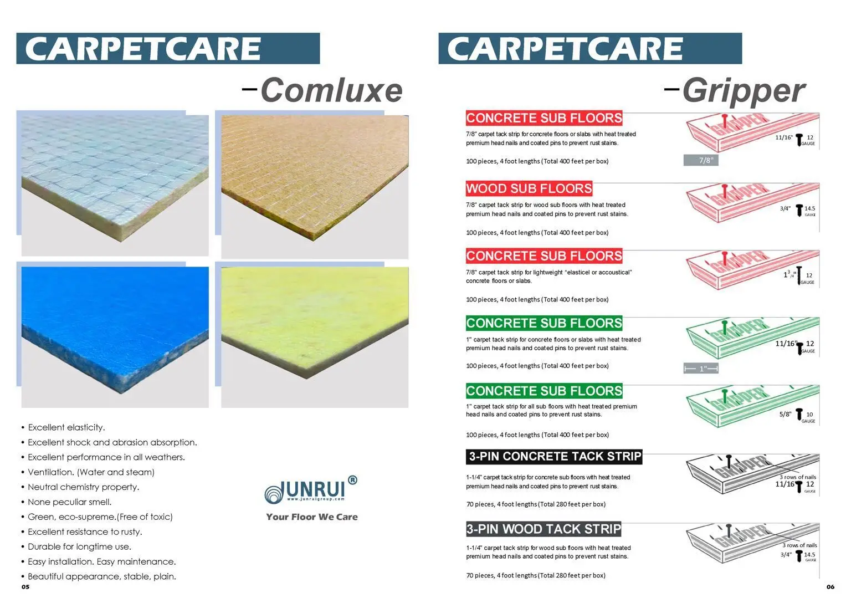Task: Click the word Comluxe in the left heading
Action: pyautogui.click(x=331, y=90)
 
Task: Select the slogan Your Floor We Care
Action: pyautogui.click(x=312, y=517)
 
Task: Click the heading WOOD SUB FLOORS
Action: pyautogui.click(x=529, y=188)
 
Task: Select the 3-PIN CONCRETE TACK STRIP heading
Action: pyautogui.click(x=554, y=457)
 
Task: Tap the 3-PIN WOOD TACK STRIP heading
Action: pyautogui.click(x=544, y=529)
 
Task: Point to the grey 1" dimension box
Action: pyautogui.click(x=701, y=369)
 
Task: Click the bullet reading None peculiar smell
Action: pyautogui.click(x=69, y=502)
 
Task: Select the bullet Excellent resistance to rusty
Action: pyautogui.click(x=85, y=532)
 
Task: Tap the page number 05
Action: pyautogui.click(x=25, y=587)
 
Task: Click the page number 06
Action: pyautogui.click(x=830, y=587)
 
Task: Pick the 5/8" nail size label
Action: pyautogui.click(x=785, y=414)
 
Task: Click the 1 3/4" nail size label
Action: pyautogui.click(x=789, y=274)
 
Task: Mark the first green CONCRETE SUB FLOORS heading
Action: pyautogui.click(x=544, y=323)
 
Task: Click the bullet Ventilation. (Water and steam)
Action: pyautogui.click(x=91, y=472)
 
